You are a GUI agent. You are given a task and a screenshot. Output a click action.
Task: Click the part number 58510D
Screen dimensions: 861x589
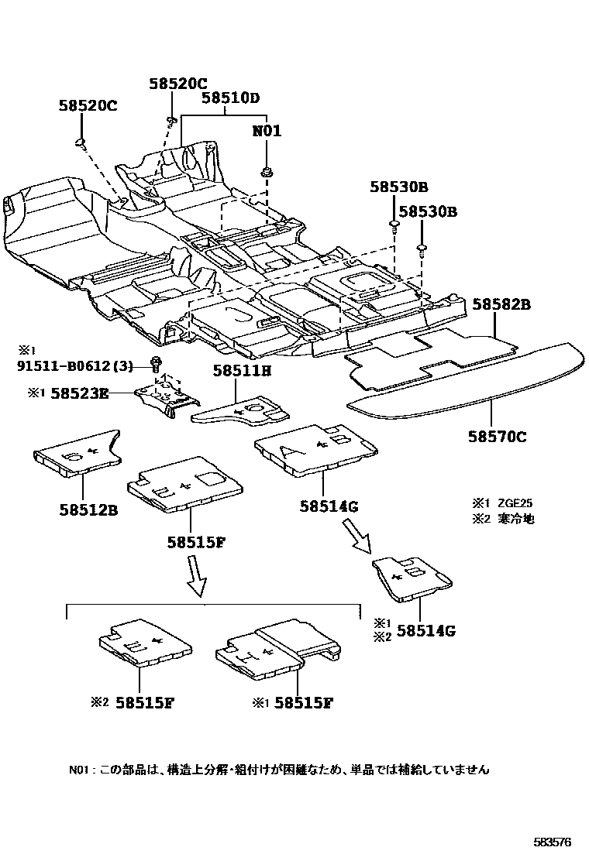(x=230, y=98)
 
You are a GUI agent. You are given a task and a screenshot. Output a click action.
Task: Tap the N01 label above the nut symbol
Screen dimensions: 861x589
(x=267, y=131)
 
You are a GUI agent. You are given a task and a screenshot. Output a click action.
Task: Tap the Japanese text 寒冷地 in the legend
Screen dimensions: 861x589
(x=515, y=519)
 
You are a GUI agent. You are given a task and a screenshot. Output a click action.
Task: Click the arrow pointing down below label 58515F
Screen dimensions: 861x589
(x=197, y=578)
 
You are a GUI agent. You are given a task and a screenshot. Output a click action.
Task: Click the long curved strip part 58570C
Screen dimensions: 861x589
(x=465, y=380)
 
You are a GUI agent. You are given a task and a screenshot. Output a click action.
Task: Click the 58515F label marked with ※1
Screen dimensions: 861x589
(x=303, y=703)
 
